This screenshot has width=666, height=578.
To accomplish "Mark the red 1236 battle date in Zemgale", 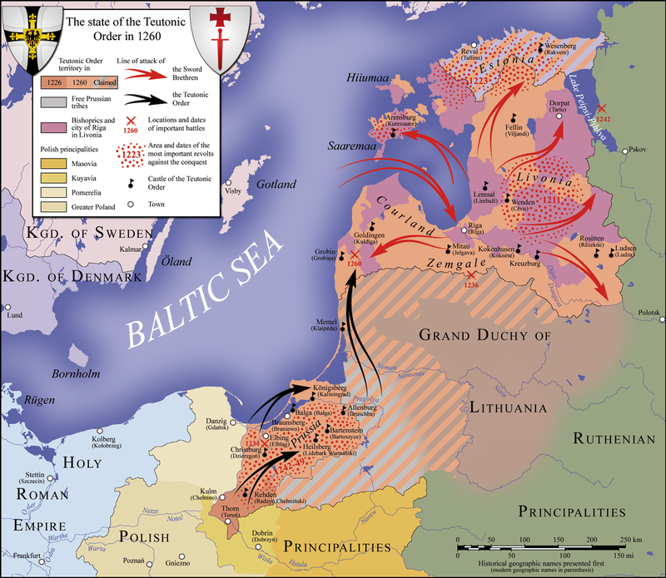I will pos(472,285).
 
